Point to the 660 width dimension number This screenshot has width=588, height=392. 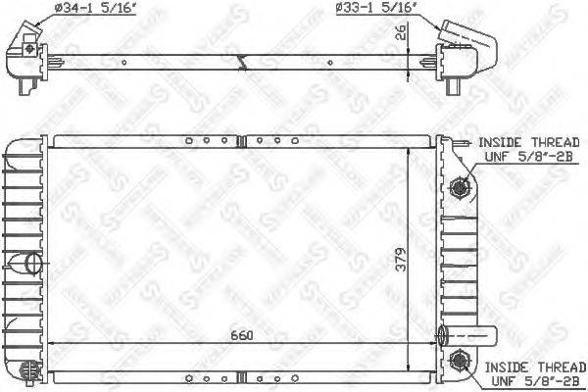coord(242,336)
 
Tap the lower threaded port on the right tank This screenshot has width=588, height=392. coord(458,362)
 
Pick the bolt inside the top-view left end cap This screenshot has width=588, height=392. coord(32,48)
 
